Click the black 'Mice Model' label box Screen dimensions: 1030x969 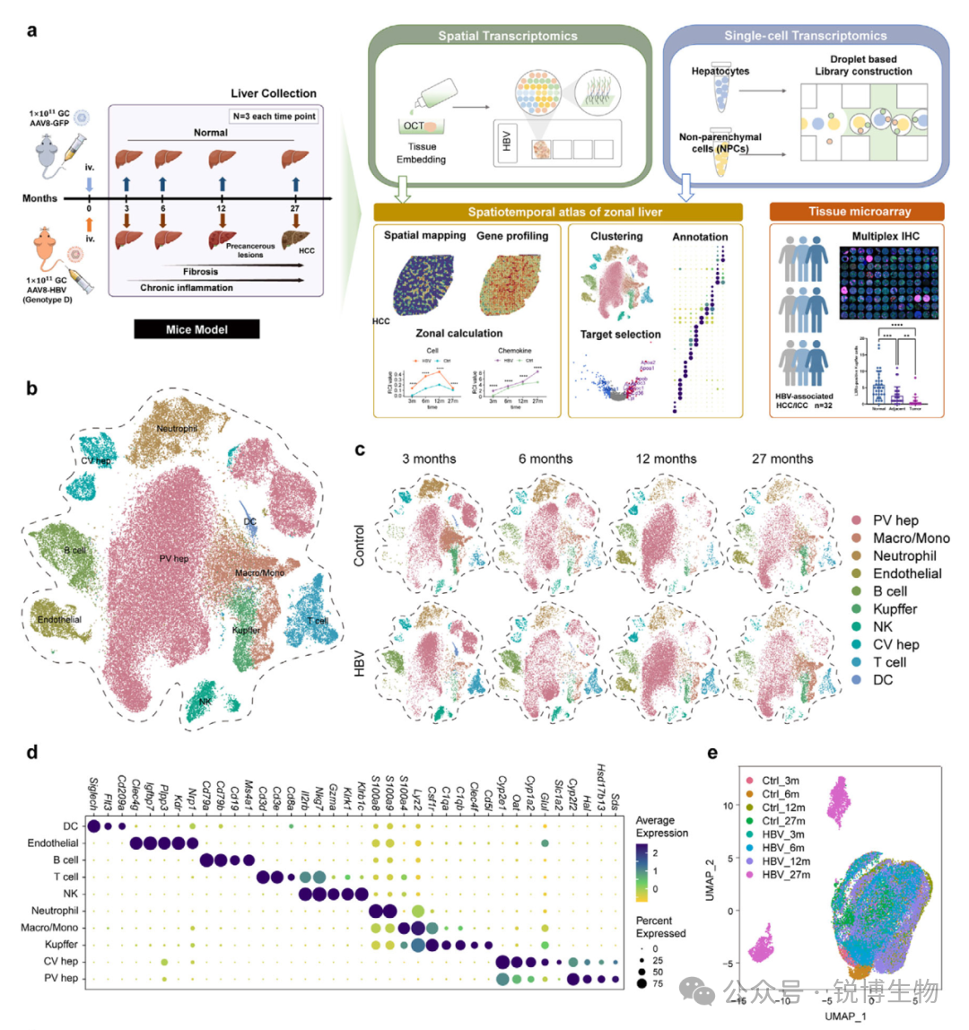196,329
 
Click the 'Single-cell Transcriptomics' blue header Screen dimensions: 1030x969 805,37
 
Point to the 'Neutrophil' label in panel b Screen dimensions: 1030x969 177,429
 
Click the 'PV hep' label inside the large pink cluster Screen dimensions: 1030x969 173,559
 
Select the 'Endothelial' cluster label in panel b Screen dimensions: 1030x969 59,619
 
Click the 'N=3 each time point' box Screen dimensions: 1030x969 272,116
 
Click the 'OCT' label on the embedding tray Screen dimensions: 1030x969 413,126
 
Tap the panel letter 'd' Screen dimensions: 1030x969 31,753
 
